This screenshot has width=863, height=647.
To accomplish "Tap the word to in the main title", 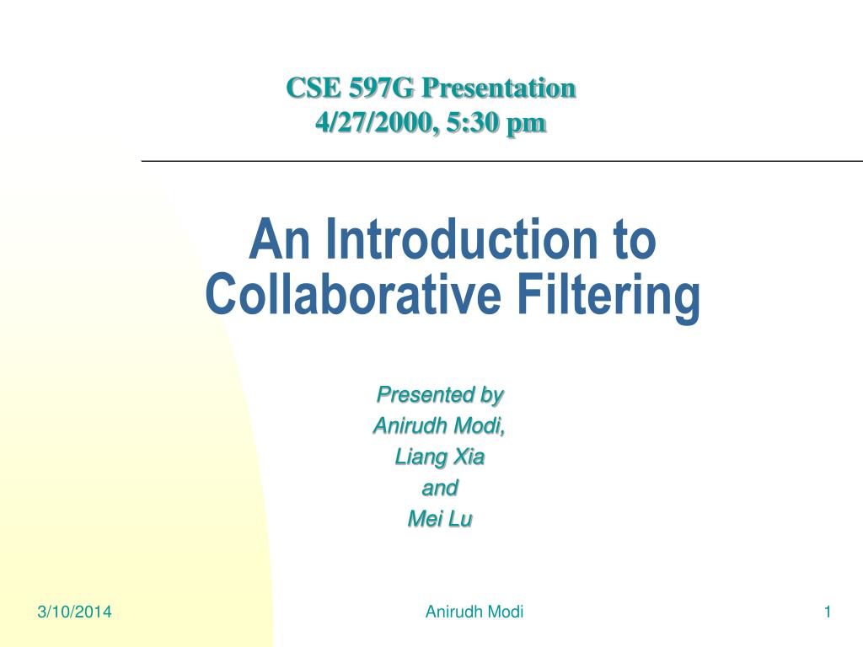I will click(x=630, y=240).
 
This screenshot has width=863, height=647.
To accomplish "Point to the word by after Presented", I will click(x=490, y=394).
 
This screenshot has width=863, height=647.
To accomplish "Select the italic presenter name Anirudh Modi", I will click(x=438, y=425).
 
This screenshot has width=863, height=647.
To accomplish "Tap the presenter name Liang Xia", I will click(x=440, y=457).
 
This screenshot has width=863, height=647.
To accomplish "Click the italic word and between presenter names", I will click(x=439, y=488).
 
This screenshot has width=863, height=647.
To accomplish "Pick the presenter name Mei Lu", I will click(x=439, y=519).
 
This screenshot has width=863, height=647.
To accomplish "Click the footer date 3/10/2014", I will click(x=74, y=612).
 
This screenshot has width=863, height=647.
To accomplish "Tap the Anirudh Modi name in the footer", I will click(x=474, y=612).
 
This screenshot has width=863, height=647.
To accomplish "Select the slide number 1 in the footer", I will click(x=828, y=612).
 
